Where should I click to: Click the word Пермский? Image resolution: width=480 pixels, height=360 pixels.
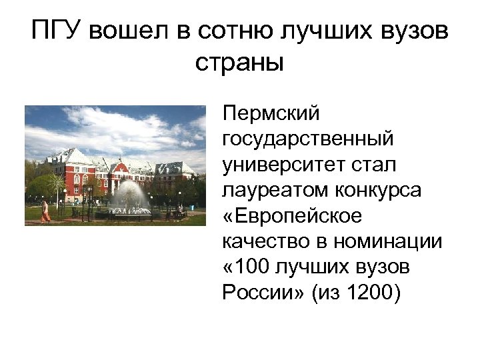tap(272, 114)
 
